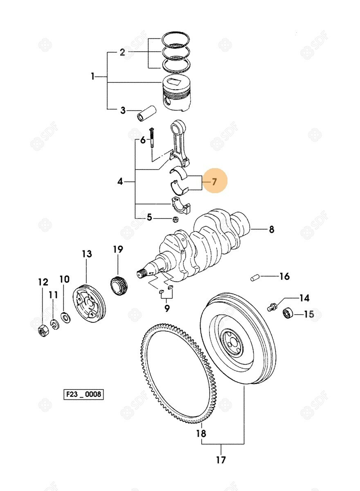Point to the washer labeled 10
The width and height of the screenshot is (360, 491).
click(65, 317)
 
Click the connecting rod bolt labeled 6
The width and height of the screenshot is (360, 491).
click(152, 139)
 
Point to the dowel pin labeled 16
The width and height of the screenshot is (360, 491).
click(254, 278)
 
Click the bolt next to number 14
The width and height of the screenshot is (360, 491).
click(271, 306)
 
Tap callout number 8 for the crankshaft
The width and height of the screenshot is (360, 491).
click(271, 230)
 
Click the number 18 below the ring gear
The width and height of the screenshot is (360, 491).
click(201, 433)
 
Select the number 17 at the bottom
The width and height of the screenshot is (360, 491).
click(221, 460)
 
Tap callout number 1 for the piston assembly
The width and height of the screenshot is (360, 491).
click(93, 76)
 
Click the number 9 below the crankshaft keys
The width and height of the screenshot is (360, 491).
click(166, 309)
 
